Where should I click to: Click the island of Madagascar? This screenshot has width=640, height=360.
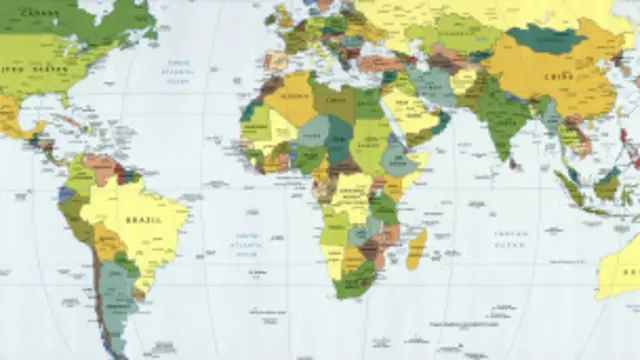tap(416, 249)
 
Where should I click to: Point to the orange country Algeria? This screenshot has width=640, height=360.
tap(290, 100)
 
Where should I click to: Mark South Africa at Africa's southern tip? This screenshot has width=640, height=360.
tap(356, 280)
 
